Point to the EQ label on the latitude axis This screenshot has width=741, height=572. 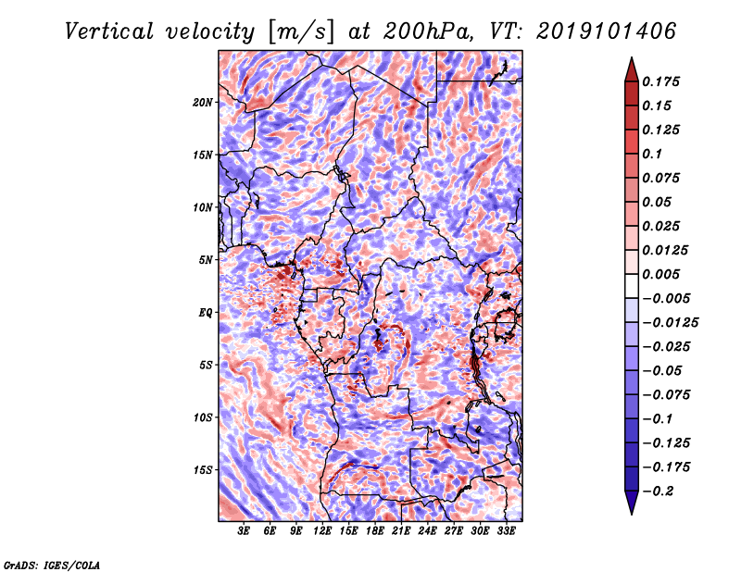click(206, 313)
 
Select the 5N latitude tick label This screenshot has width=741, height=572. click(207, 260)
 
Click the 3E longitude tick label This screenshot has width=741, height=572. click(245, 531)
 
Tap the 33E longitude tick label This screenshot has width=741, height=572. click(507, 531)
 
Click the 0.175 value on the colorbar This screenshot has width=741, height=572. click(663, 81)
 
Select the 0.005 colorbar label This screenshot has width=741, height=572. click(663, 275)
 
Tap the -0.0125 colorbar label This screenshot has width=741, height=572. click(672, 323)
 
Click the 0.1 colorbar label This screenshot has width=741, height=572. click(654, 154)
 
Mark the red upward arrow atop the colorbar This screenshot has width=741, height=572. click(631, 68)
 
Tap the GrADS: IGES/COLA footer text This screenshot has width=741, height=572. click(52, 564)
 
